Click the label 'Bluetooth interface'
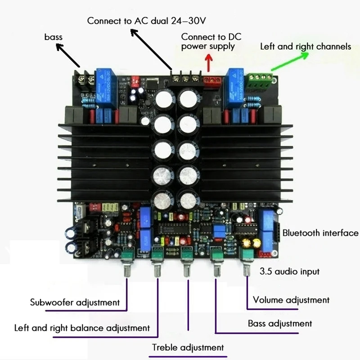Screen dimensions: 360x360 [x=320, y=233]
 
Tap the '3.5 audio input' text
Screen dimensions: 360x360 [x=289, y=271]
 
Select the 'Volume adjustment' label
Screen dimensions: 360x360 [x=291, y=300]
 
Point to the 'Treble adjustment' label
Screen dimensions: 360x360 [x=188, y=347]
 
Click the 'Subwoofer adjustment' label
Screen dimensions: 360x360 [x=75, y=302]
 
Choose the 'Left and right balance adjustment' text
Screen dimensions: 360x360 [x=82, y=328]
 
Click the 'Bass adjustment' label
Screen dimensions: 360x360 [x=280, y=323]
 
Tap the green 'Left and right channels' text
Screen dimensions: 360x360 [x=306, y=46]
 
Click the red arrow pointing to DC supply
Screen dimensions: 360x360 [x=208, y=62]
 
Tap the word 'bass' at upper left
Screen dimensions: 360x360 [x=54, y=36]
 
